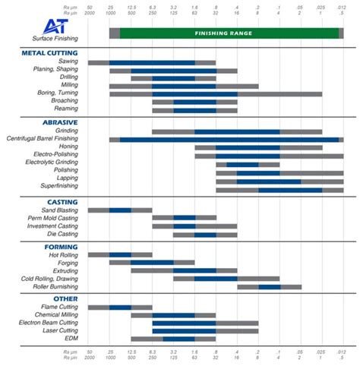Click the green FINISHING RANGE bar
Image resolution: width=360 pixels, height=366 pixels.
[x=229, y=33]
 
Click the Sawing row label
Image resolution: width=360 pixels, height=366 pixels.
[x=67, y=62]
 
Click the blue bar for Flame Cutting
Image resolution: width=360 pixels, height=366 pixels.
[x=120, y=308]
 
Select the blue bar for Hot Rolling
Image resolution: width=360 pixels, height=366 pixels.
[x=120, y=255]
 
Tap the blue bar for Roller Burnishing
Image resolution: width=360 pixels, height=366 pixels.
[x=270, y=286]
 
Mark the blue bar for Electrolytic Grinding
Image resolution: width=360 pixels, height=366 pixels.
[x=242, y=164]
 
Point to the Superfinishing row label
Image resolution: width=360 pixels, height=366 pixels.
[x=55, y=186]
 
